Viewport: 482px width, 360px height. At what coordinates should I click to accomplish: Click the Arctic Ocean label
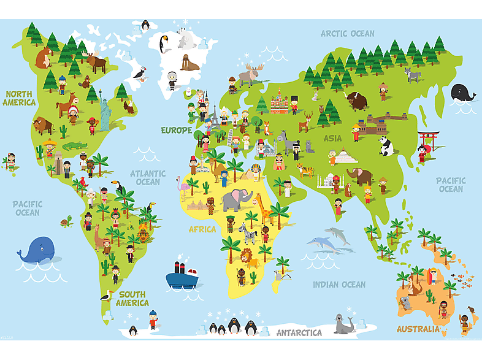(347, 33)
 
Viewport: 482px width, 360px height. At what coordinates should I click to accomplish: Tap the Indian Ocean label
(339, 285)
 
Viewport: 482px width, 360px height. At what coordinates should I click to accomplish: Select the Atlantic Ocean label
(148, 177)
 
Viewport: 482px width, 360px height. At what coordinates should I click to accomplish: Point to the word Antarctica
(299, 333)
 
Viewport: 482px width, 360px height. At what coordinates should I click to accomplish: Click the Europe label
(177, 130)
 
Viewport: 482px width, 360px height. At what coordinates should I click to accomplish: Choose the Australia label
(418, 329)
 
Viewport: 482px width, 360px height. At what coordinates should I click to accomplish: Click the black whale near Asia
(463, 93)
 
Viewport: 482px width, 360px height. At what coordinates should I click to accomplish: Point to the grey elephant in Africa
(237, 200)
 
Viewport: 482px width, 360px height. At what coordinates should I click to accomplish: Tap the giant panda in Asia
(386, 145)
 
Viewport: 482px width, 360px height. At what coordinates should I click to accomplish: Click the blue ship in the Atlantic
(183, 277)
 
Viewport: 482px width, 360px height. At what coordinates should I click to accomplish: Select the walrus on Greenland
(189, 63)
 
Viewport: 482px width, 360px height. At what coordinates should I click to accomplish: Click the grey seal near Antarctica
(344, 323)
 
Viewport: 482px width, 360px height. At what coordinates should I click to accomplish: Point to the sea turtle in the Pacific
(66, 221)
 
